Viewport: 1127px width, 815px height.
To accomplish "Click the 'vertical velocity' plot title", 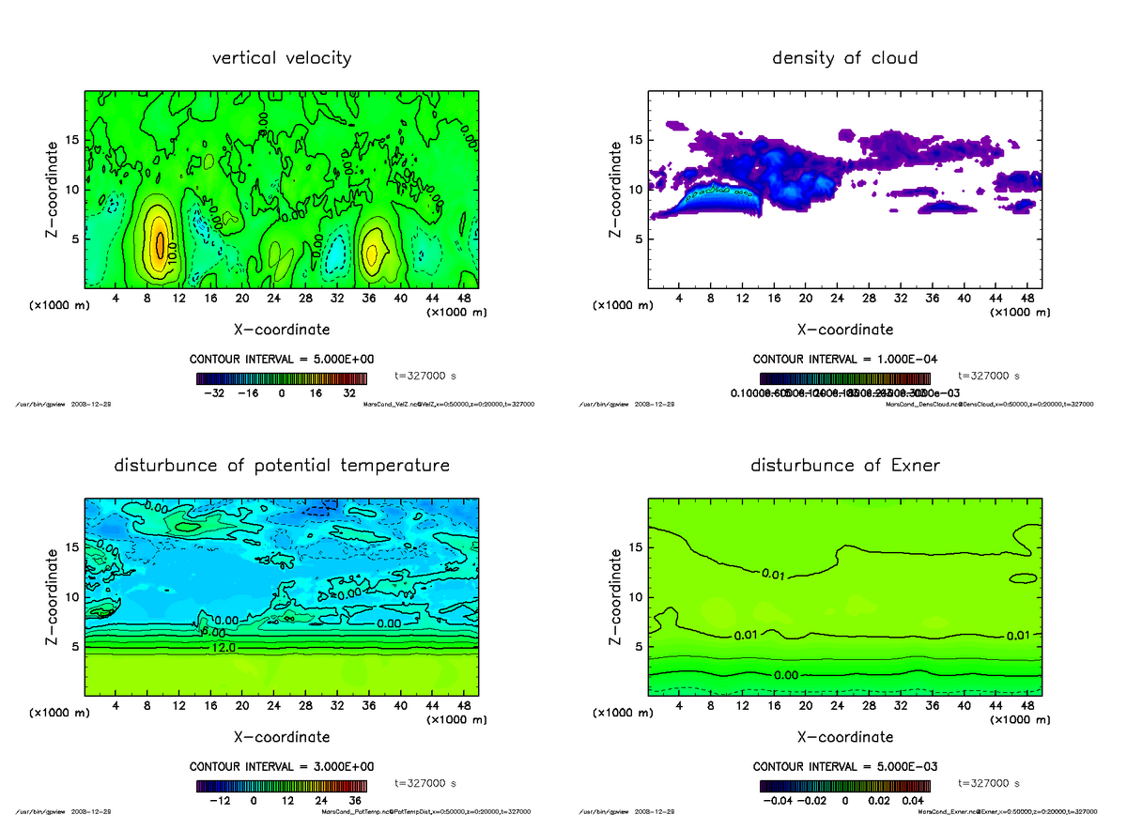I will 282,58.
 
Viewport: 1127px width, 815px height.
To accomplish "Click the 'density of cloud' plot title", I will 844,58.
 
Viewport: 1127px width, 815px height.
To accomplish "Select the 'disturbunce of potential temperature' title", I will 282,466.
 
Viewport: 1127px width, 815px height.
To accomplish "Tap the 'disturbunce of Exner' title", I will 844,466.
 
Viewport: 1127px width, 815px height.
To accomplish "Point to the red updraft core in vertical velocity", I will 160,244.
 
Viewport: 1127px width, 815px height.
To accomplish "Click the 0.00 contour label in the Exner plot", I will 787,675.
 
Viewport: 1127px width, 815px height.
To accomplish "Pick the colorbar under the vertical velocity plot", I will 282,379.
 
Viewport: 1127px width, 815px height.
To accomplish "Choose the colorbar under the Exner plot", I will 845,787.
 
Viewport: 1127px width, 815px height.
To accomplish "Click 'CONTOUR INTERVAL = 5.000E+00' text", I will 282,360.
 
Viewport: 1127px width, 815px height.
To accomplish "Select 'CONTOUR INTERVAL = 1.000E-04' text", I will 845,360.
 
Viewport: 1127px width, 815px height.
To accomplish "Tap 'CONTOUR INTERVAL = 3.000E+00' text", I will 282,766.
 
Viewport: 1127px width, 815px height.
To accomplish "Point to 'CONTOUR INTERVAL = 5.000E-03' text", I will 845,766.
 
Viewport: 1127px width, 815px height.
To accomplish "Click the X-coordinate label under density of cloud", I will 844,330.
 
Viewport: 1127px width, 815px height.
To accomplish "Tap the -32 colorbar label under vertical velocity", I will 218,394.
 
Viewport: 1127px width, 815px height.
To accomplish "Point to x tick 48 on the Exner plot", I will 1026,705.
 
